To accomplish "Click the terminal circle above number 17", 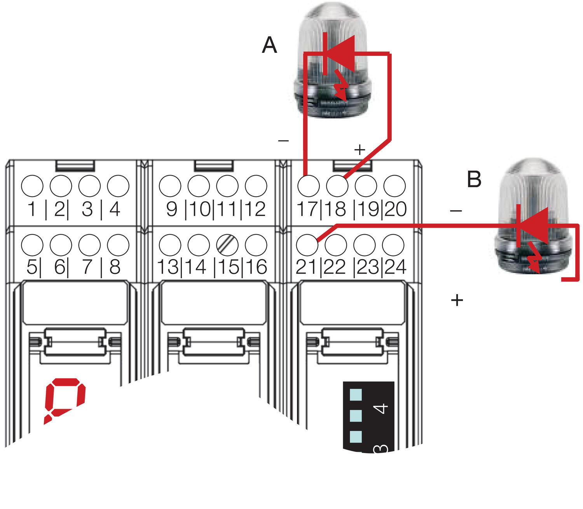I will [x=309, y=186].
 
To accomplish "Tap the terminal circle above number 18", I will [x=337, y=186].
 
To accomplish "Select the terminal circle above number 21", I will [x=307, y=245].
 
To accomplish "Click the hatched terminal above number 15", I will [x=227, y=245].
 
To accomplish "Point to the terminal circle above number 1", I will [x=32, y=186].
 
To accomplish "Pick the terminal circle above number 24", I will [x=393, y=245].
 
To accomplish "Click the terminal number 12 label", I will [x=255, y=209].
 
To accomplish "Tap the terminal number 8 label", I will [x=115, y=267].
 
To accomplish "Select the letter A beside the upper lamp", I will [x=269, y=45].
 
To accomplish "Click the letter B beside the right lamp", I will [x=474, y=180].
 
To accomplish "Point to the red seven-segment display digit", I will [x=65, y=400].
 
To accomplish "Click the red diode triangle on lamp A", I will [x=342, y=53].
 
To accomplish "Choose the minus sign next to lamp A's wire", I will [x=284, y=141].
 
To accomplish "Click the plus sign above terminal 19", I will [x=360, y=150].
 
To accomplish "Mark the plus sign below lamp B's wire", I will [x=457, y=300].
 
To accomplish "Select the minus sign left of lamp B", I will [x=456, y=211].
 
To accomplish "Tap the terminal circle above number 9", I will [x=170, y=186].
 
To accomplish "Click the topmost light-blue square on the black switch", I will [x=356, y=395].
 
